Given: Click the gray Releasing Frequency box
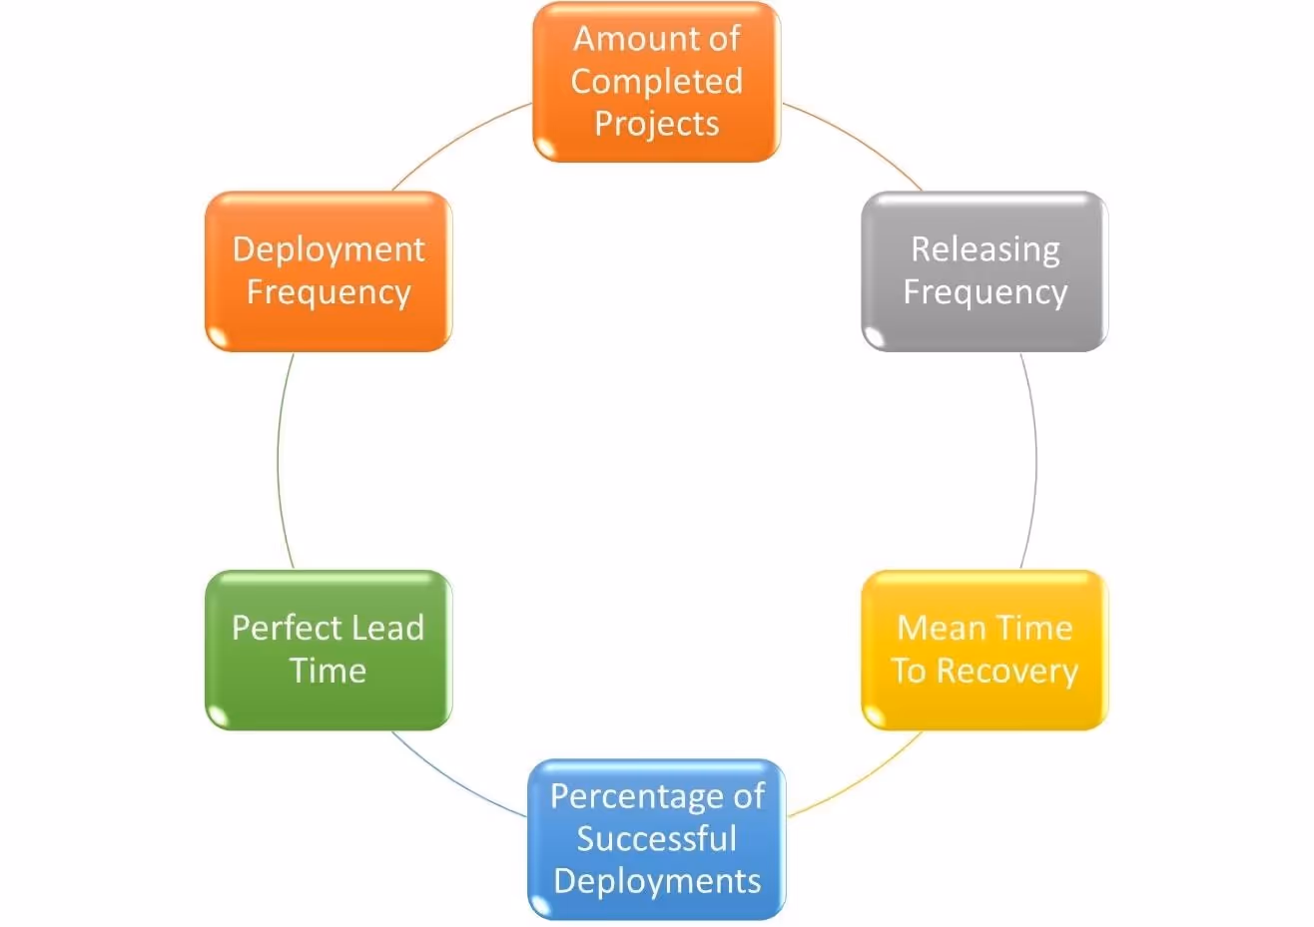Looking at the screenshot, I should [985, 271].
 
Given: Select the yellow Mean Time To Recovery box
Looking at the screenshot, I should [985, 650].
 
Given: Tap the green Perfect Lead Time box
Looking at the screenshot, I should [328, 650].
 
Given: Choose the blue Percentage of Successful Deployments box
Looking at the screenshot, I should [656, 839].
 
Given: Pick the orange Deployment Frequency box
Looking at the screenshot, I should [328, 271].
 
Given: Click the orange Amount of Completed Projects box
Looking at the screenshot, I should [656, 82].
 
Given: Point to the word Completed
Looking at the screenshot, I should [656, 81].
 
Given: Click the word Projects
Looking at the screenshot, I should [656, 124].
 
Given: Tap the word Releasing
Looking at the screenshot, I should [985, 249].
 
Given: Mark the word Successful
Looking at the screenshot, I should [656, 839].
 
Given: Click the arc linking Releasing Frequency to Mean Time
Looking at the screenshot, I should [1035, 460].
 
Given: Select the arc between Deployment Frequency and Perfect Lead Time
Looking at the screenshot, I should [278, 460].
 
